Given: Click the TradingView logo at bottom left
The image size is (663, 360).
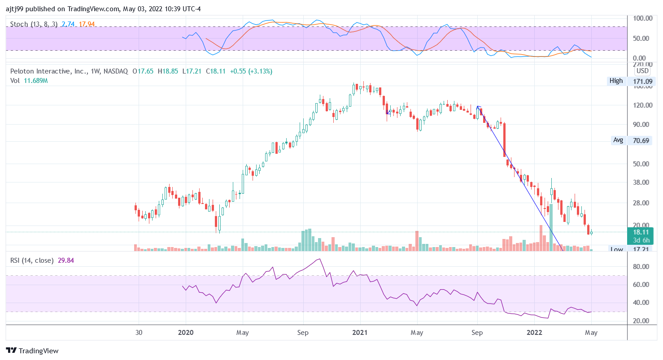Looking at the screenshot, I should [x=32, y=351].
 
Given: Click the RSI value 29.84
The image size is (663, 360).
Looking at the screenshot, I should [x=66, y=260].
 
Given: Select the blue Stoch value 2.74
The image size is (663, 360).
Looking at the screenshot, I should [x=68, y=24].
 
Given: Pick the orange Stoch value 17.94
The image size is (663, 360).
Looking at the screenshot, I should [x=87, y=24].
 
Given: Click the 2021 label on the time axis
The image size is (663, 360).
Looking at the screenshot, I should [x=360, y=333].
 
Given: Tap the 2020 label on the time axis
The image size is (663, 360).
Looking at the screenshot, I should [x=186, y=333].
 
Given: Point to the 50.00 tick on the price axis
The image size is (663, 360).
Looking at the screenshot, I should [x=642, y=164].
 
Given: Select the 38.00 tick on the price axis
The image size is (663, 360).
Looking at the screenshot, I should [x=642, y=182].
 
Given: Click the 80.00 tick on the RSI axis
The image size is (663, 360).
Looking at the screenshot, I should [x=642, y=266].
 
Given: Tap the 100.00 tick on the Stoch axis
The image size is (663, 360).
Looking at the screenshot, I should [x=642, y=18].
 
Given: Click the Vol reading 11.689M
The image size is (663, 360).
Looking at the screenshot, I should [x=36, y=81].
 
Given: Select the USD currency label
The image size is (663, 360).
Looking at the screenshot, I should [x=642, y=71].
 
